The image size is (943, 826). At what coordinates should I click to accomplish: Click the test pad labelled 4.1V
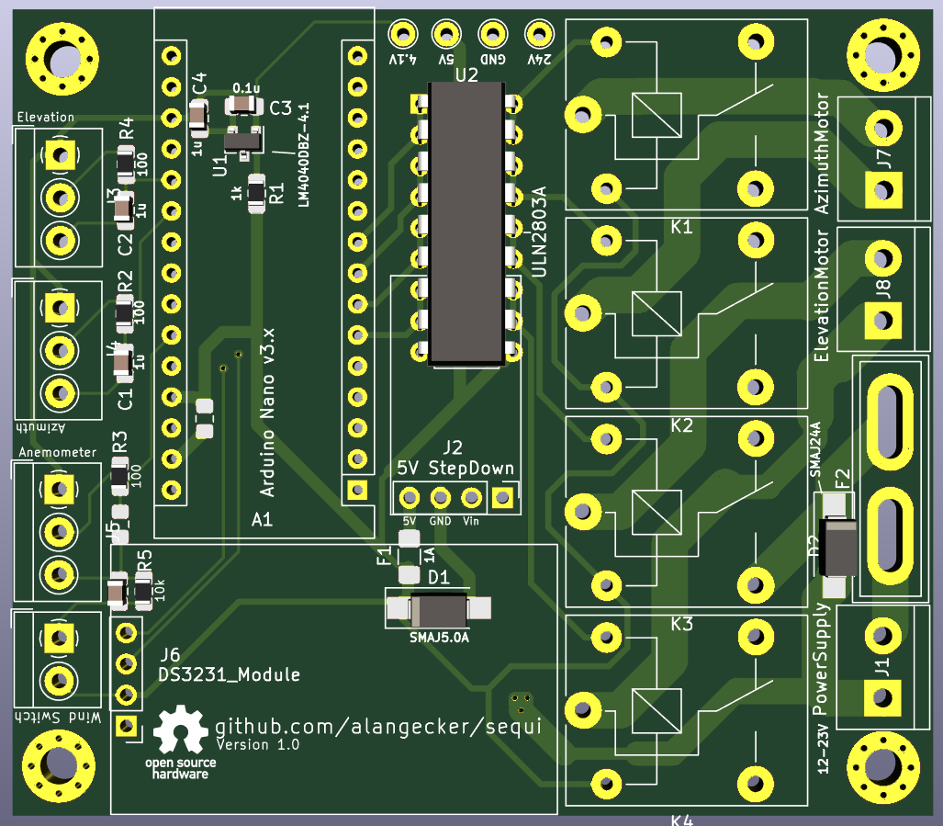[x=401, y=35]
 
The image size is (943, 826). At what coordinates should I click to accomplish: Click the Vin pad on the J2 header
[x=471, y=498]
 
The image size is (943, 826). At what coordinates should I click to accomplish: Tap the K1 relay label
[x=681, y=227]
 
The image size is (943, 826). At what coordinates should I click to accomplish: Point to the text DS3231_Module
[x=230, y=675]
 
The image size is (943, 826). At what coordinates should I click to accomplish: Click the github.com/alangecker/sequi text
[x=377, y=725]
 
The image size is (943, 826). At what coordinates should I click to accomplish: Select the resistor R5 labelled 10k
[x=143, y=593]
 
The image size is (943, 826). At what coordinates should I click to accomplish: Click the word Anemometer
[x=57, y=452]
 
